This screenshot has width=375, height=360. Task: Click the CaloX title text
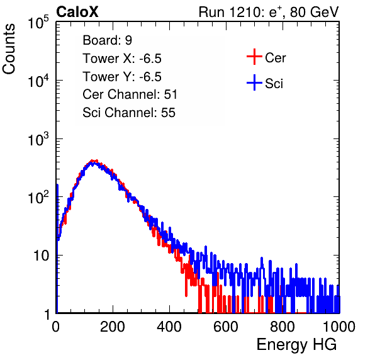click(77, 12)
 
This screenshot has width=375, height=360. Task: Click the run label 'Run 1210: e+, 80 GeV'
click(269, 12)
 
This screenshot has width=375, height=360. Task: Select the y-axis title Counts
click(9, 49)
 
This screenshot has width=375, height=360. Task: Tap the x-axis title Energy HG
click(296, 345)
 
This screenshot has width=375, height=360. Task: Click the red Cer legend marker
click(254, 57)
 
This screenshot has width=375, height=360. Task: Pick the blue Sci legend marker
click(254, 82)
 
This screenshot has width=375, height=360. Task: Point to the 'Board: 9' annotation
click(107, 40)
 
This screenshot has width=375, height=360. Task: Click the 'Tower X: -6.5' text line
click(122, 59)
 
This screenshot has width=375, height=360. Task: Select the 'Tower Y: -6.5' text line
click(122, 77)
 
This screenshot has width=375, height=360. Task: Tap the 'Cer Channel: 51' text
click(130, 94)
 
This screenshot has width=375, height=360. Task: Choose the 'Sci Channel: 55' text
click(129, 113)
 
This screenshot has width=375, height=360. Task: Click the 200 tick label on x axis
click(113, 327)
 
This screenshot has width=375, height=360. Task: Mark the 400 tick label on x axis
click(169, 327)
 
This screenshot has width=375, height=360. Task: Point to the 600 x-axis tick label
click(226, 327)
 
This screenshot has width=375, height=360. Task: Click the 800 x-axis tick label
click(283, 327)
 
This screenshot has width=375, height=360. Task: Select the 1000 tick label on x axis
click(339, 327)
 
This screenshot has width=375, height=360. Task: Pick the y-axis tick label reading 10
click(41, 256)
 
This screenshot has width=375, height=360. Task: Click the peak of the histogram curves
click(93, 161)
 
